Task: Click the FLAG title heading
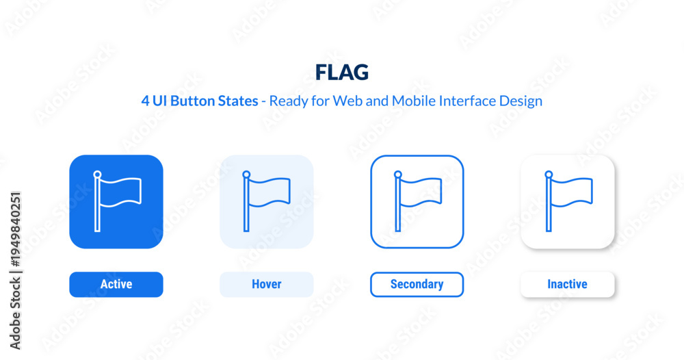tap(342, 73)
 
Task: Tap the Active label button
tap(116, 284)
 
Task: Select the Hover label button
tap(267, 284)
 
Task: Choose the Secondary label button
tap(417, 284)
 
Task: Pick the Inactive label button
tap(568, 284)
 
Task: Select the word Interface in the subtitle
tap(467, 101)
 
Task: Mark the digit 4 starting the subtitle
tap(145, 101)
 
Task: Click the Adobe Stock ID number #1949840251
tap(15, 229)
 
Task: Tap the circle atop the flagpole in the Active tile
tap(97, 175)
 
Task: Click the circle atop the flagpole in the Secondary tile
tap(397, 175)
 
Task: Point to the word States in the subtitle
tap(238, 101)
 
